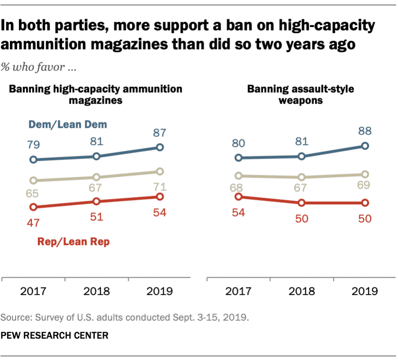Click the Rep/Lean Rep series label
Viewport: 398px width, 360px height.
tap(74, 242)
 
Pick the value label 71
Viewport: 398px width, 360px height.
tap(159, 185)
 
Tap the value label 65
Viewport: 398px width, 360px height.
tap(33, 194)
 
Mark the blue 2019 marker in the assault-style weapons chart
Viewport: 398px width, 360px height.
tap(365, 146)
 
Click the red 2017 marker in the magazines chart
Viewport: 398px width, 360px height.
tap(33, 207)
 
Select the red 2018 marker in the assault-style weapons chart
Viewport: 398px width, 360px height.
tap(302, 203)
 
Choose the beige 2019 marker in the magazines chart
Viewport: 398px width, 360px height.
tap(160, 171)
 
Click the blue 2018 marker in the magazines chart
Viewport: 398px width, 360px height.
tap(96, 156)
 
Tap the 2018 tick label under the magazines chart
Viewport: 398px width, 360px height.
tap(96, 291)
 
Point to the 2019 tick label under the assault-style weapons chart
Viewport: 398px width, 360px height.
tap(365, 291)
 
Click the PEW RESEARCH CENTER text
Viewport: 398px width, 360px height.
tap(55, 335)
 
